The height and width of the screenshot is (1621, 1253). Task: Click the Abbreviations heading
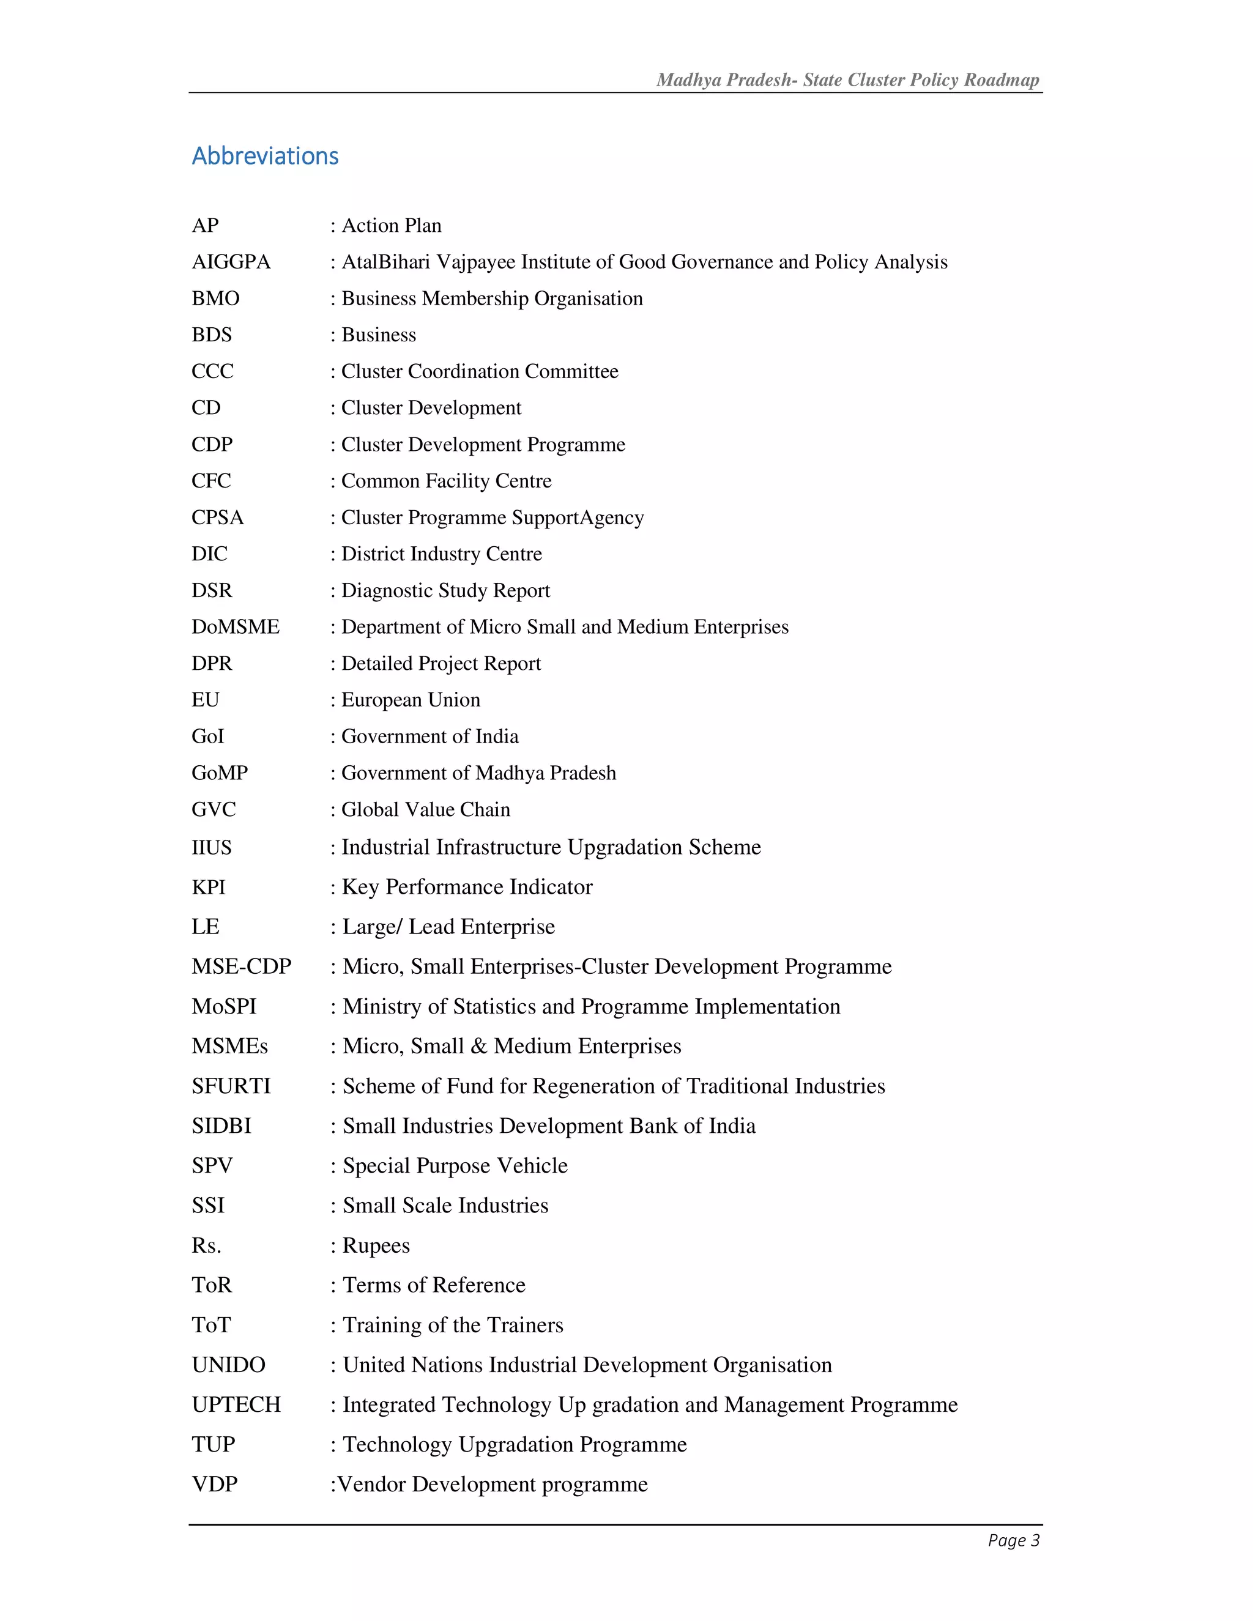point(265,156)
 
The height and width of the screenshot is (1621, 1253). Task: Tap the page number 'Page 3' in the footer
point(1013,1540)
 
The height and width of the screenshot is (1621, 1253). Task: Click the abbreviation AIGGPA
point(231,262)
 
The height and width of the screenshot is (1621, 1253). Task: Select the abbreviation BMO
point(215,299)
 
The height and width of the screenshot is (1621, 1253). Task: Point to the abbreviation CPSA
point(217,517)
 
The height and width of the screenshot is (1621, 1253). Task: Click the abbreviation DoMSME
point(236,626)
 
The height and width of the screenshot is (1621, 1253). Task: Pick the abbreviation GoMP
point(220,773)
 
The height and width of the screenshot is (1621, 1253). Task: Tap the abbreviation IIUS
point(212,848)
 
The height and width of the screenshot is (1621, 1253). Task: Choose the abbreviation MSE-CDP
point(241,966)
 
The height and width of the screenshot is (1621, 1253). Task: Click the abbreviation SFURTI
point(231,1086)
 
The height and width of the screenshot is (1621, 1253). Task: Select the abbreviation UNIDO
point(228,1364)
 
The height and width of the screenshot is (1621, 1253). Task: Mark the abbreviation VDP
point(215,1484)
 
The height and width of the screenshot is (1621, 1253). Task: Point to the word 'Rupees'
point(376,1245)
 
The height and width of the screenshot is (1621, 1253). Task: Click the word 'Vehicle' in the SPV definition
point(532,1165)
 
